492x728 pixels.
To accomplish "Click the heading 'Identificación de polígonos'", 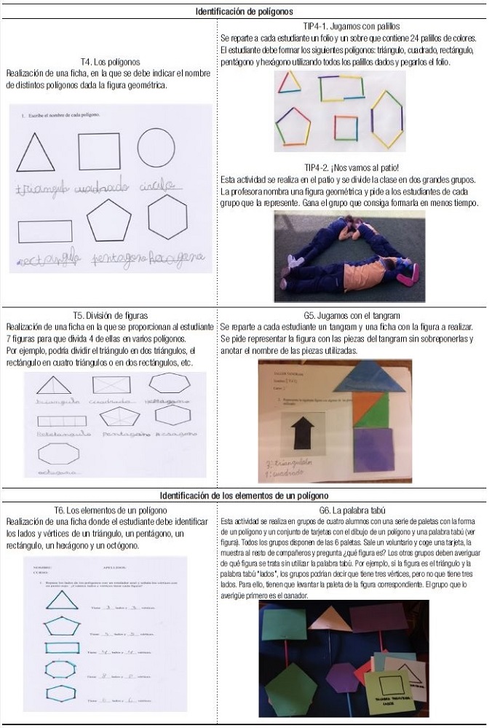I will (245, 11).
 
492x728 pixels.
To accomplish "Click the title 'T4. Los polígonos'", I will (110, 63).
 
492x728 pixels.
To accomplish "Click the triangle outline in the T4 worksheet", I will (35, 153).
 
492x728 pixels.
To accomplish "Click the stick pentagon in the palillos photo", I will (293, 126).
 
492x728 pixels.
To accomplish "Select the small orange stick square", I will (346, 127).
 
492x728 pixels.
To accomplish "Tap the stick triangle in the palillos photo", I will (290, 82).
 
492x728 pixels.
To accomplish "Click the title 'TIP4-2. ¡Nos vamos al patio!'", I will (348, 167).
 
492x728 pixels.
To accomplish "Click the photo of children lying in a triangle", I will (349, 256).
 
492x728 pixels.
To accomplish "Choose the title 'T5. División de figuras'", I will (110, 315).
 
